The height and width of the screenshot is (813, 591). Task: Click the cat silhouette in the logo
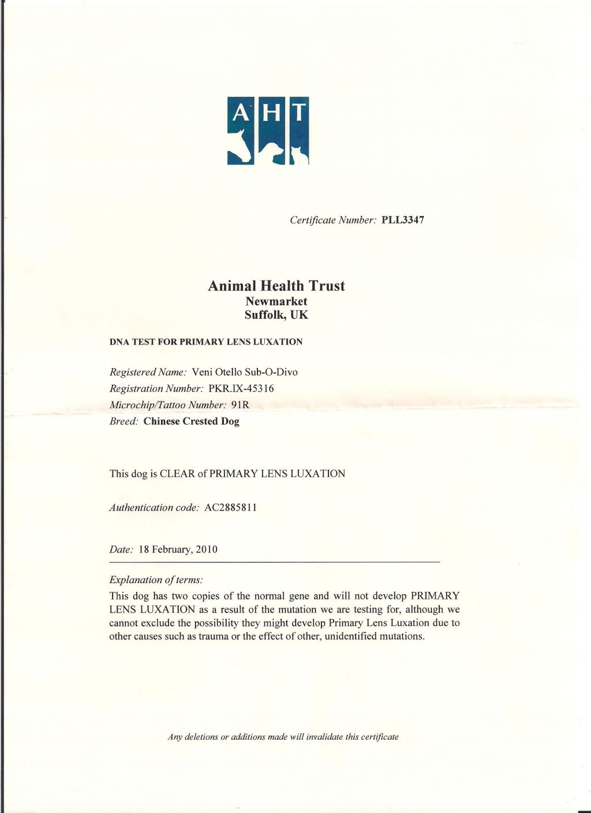pos(299,155)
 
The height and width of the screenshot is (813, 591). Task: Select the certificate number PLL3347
pos(403,220)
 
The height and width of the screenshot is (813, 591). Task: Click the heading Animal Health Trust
pos(276,286)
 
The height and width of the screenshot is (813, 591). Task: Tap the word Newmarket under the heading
pos(276,301)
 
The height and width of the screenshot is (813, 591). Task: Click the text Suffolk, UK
pos(276,315)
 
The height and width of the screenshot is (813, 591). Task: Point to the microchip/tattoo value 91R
pos(240,405)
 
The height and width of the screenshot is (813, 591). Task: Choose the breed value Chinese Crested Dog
pos(191,422)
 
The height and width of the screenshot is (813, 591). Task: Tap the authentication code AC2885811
pos(230,508)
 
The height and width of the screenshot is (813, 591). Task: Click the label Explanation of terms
pos(156,580)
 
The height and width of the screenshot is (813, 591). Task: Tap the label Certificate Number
pos(333,220)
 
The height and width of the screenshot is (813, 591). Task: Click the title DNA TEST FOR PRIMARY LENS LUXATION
pos(205,342)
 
